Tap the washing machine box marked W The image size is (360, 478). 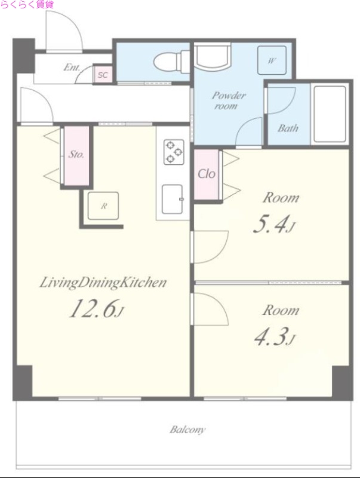click(272, 60)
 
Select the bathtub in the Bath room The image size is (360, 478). click(330, 114)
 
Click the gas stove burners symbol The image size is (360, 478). click(174, 152)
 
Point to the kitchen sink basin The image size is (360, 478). click(172, 199)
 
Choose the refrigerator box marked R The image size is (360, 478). click(103, 206)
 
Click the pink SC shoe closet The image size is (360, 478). click(103, 74)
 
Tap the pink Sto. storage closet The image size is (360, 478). click(76, 155)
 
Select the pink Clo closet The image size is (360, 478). click(207, 174)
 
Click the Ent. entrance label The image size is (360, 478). click(72, 67)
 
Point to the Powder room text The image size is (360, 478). click(228, 100)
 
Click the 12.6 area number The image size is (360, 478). click(97, 309)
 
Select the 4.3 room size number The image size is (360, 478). click(275, 338)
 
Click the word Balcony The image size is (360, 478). click(187, 430)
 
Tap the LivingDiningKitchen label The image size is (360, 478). click(103, 283)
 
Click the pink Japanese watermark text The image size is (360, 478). click(27, 4)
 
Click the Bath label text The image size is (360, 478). click(288, 128)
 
